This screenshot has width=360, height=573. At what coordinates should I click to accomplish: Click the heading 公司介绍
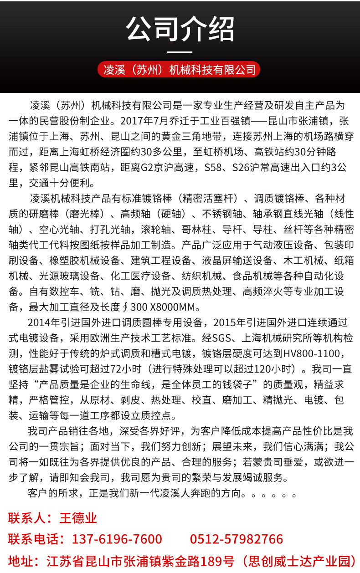pyautogui.click(x=180, y=29)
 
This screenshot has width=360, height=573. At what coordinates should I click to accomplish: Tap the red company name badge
pyautogui.click(x=180, y=70)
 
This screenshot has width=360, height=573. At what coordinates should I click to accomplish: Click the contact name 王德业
pyautogui.click(x=78, y=518)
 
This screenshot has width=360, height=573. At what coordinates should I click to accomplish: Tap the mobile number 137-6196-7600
pyautogui.click(x=117, y=539)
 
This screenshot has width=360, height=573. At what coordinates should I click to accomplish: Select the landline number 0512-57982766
pyautogui.click(x=237, y=539)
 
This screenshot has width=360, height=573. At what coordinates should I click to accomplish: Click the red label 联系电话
pyautogui.click(x=33, y=539)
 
